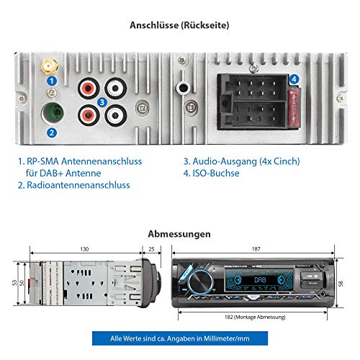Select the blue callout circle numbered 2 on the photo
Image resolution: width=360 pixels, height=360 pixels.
[51, 132]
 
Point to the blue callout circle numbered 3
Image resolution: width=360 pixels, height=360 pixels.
[103, 102]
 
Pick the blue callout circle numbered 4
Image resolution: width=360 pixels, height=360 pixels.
[294, 80]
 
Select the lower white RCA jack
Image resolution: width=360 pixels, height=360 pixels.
[116, 114]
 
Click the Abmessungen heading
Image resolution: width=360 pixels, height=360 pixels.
[179, 234]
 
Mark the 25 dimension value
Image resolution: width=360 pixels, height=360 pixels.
[150, 249]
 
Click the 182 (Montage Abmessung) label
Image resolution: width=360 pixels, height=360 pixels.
[253, 316]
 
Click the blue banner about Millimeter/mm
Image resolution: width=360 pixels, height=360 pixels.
[179, 338]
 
